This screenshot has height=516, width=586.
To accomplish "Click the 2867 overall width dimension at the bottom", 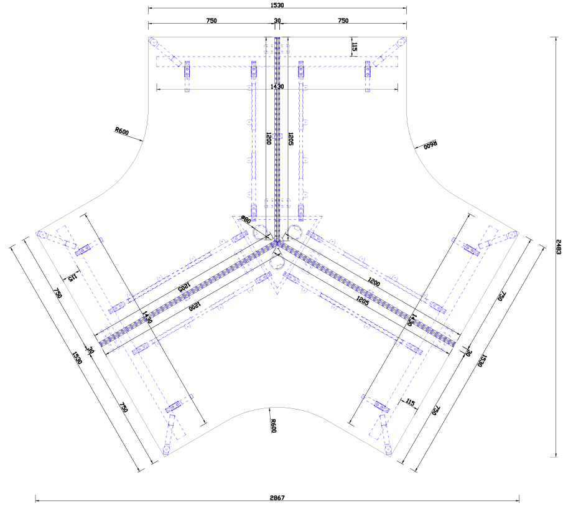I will pyautogui.click(x=277, y=497).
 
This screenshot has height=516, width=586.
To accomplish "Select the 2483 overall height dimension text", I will pyautogui.click(x=559, y=246).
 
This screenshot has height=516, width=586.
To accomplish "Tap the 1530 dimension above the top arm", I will pyautogui.click(x=277, y=5).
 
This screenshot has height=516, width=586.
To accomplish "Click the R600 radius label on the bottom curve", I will pyautogui.click(x=273, y=426).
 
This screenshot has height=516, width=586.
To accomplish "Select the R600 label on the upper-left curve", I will pyautogui.click(x=121, y=131).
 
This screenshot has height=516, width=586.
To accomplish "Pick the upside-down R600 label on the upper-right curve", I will pyautogui.click(x=430, y=145).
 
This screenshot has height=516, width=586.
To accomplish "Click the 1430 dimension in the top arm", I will pyautogui.click(x=277, y=87).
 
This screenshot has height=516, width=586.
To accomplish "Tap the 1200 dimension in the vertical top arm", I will pyautogui.click(x=268, y=138).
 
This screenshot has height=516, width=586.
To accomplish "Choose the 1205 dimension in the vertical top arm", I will pyautogui.click(x=291, y=138).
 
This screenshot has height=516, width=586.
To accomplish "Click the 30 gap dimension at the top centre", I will pyautogui.click(x=277, y=21).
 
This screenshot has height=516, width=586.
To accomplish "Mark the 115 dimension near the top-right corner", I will pyautogui.click(x=354, y=46).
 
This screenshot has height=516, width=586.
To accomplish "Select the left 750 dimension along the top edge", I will pyautogui.click(x=212, y=21).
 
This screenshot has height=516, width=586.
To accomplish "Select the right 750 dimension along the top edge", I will pyautogui.click(x=343, y=21).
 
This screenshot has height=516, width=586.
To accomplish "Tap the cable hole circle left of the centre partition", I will pyautogui.click(x=261, y=233).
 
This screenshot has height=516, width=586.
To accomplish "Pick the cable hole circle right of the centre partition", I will pyautogui.click(x=295, y=233).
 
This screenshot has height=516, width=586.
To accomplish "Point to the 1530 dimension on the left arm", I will pyautogui.click(x=77, y=358).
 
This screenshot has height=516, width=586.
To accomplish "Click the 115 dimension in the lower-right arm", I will pyautogui.click(x=409, y=403).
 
